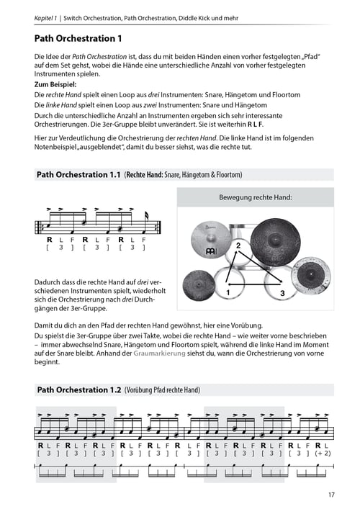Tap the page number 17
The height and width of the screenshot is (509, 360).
330,494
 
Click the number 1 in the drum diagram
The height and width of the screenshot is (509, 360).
228,293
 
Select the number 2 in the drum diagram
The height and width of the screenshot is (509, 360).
237,246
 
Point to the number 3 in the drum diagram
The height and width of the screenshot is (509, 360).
282,293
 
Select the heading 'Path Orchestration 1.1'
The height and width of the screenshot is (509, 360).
78,175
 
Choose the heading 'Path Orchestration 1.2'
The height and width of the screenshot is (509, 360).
78,390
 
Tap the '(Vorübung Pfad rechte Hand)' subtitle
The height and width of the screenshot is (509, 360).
162,390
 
